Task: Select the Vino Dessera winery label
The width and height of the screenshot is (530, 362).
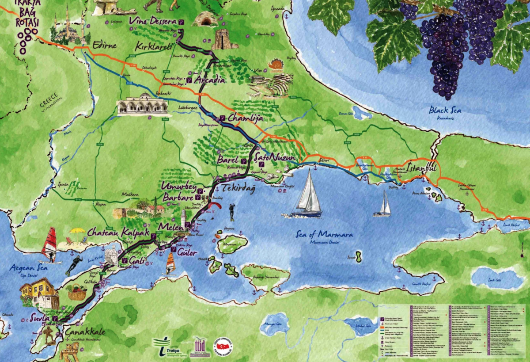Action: [x=152, y=21]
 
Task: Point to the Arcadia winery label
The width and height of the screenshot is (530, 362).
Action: [x=210, y=80]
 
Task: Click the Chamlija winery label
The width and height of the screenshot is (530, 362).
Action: [x=245, y=118]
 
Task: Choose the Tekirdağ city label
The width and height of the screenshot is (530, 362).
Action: [x=238, y=188]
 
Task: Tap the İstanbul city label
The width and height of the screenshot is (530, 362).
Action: [x=421, y=168]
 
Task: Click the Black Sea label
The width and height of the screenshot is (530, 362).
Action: [x=444, y=110]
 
